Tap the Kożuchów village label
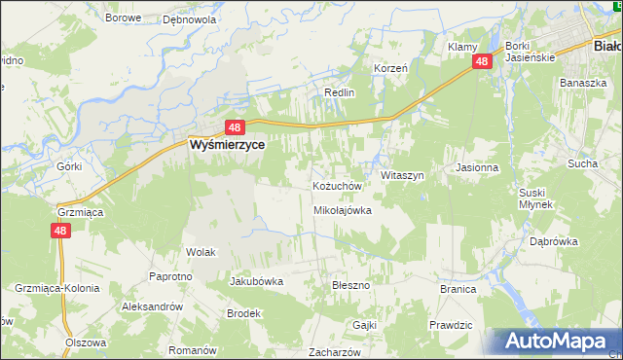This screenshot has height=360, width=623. (x=337, y=186)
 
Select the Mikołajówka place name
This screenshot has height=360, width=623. (x=343, y=210)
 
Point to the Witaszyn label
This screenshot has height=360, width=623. (x=402, y=175)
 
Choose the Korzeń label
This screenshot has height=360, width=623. (x=390, y=69)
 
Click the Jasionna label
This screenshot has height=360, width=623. (x=477, y=167)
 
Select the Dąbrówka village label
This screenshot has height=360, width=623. (x=554, y=241)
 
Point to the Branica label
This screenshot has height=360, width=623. (x=457, y=289)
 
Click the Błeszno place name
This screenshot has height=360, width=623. (x=351, y=285)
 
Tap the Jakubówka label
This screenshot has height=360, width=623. (x=256, y=281)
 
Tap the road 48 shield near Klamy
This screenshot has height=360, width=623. (x=483, y=61)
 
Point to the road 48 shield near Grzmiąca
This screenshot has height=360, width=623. (x=60, y=231)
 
